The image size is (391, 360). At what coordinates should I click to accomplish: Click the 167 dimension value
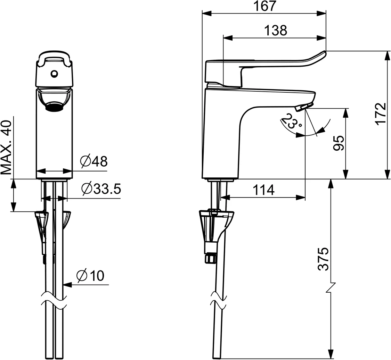[x=264, y=6]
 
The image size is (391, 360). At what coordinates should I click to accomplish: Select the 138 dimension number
[x=276, y=31]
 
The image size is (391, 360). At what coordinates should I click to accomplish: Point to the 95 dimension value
[x=339, y=143]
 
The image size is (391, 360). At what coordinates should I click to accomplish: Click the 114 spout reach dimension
[x=263, y=190]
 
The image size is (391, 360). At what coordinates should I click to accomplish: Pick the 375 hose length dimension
[x=324, y=259]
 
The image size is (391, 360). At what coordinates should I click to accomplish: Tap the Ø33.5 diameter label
[x=101, y=189]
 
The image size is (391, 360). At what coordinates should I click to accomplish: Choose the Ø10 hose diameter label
[x=90, y=276]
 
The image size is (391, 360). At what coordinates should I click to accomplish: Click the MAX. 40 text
[x=7, y=147]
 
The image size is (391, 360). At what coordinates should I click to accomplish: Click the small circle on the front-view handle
[x=54, y=74]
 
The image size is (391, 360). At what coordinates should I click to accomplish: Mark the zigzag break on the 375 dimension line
[x=331, y=288]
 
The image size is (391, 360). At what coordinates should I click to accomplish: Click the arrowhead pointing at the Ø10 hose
[x=68, y=284]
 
